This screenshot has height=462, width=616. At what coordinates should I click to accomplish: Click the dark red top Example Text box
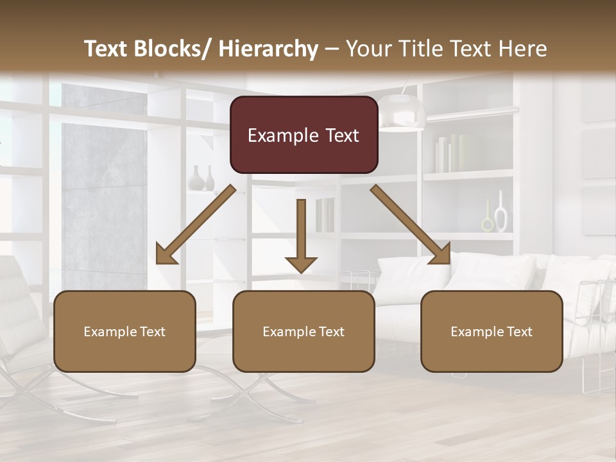304,135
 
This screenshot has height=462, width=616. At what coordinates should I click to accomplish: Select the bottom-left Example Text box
124,331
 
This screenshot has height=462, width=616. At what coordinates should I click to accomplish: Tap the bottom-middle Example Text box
304,331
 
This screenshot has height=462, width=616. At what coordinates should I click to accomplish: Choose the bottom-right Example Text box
492,331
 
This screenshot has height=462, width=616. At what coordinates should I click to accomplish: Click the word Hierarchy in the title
268,49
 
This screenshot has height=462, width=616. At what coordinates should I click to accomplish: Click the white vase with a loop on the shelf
501,214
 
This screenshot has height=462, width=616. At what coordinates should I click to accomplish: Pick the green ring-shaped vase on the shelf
488,221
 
